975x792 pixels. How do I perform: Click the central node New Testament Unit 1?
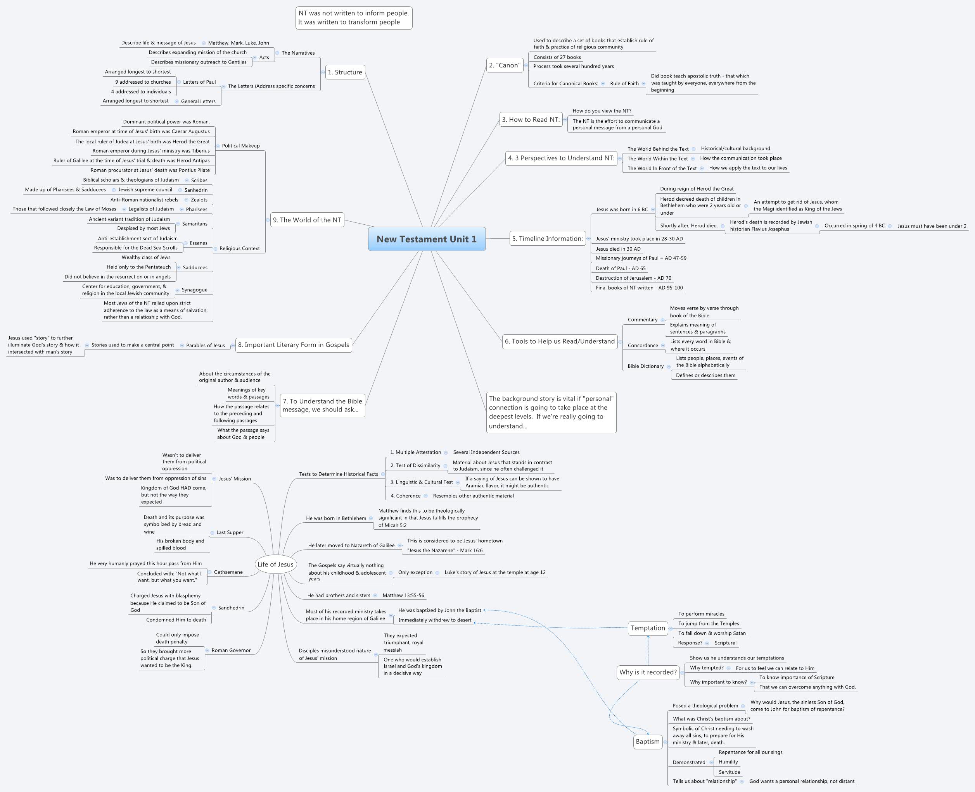(427, 239)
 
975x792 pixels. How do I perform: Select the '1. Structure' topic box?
(345, 72)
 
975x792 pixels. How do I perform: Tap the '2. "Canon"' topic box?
(505, 65)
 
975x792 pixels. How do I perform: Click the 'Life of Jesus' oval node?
(275, 564)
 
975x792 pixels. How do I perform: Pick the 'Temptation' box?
(648, 628)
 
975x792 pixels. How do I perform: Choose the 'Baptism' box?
(648, 741)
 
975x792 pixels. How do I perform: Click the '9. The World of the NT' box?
(307, 220)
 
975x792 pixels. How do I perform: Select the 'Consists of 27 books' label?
(557, 57)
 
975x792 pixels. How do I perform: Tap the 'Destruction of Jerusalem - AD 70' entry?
(633, 278)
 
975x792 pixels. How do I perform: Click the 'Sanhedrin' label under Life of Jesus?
(231, 608)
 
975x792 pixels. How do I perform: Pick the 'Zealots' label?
(199, 200)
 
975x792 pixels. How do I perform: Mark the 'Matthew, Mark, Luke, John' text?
(239, 43)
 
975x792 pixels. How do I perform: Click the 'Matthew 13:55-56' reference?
(403, 596)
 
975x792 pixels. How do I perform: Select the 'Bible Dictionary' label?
(645, 366)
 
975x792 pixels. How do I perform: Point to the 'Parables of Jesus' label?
(206, 345)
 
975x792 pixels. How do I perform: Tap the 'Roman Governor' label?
(231, 651)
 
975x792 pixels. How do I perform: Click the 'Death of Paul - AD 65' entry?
(621, 268)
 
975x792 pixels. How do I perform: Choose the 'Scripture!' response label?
(726, 643)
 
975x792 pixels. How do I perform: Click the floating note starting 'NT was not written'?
(354, 18)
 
